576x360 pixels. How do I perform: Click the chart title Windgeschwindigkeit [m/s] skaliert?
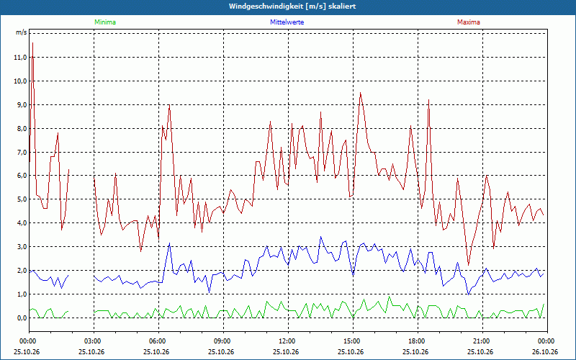click(x=292, y=6)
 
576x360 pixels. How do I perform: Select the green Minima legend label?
click(x=105, y=22)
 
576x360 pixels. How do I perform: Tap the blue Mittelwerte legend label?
click(x=287, y=22)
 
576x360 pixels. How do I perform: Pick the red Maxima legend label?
click(x=469, y=22)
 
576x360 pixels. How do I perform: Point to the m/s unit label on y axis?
click(x=21, y=32)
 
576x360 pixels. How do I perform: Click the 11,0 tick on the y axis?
click(x=20, y=58)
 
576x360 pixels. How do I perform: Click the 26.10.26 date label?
click(x=545, y=352)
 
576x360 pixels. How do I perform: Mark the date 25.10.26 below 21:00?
click(x=480, y=352)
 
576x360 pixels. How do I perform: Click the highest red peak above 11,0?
click(x=32, y=43)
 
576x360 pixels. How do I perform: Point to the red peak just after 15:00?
click(x=361, y=93)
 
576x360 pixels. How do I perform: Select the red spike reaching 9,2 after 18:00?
click(x=428, y=99)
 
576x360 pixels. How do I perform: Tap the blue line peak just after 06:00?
click(x=169, y=243)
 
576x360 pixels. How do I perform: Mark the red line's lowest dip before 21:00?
click(x=469, y=265)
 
